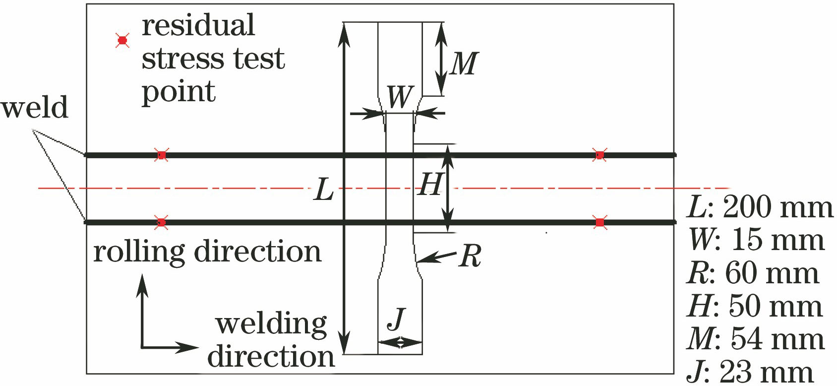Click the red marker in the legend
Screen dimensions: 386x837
tap(122, 40)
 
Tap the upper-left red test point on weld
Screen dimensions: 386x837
tap(161, 155)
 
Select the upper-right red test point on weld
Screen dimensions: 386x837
tap(600, 155)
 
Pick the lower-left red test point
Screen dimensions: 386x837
tap(161, 222)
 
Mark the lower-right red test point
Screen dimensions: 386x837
tap(600, 222)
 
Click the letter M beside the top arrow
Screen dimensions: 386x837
tap(464, 64)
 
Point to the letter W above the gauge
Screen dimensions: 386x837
tap(400, 96)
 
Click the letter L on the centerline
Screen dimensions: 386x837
tap(324, 190)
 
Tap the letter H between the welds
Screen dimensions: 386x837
tap(429, 185)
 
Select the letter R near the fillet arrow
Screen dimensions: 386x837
tap(470, 257)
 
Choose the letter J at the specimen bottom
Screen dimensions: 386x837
tap(397, 319)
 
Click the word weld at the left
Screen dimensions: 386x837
tap(34, 108)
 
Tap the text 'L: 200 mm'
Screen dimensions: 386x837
tap(760, 207)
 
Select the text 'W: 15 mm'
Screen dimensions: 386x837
tap(756, 240)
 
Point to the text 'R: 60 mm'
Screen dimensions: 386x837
tap(753, 273)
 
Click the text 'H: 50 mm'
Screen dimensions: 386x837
tap(755, 306)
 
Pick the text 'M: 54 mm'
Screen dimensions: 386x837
tap(756, 339)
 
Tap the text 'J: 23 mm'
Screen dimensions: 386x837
tap(750, 372)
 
